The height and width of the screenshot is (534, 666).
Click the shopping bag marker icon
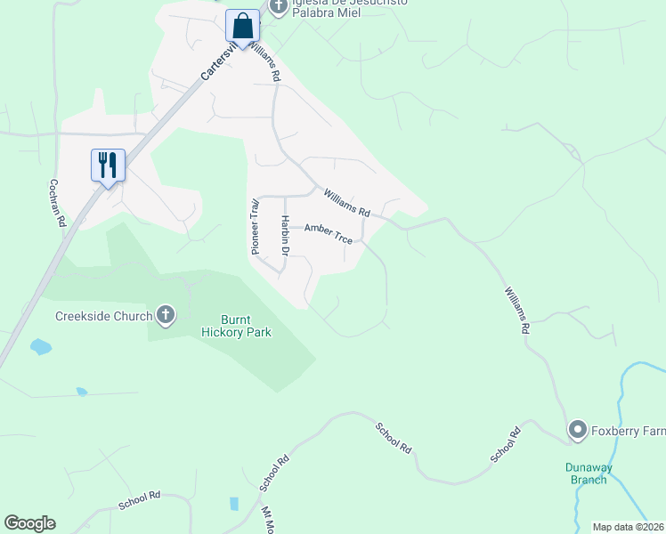click(242, 26)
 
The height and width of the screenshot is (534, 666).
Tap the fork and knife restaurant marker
click(108, 166)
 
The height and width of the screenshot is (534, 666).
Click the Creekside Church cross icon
click(166, 314)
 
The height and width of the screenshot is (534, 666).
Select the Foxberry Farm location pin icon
click(578, 432)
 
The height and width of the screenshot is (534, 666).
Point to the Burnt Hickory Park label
click(233, 326)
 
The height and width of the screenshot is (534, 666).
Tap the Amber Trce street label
click(329, 234)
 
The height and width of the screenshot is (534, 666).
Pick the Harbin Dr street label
click(286, 237)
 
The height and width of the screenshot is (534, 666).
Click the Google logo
click(29, 523)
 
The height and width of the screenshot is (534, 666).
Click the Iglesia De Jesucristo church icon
click(279, 6)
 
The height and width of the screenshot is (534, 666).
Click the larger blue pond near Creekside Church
click(40, 346)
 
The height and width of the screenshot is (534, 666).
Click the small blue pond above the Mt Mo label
click(233, 504)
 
